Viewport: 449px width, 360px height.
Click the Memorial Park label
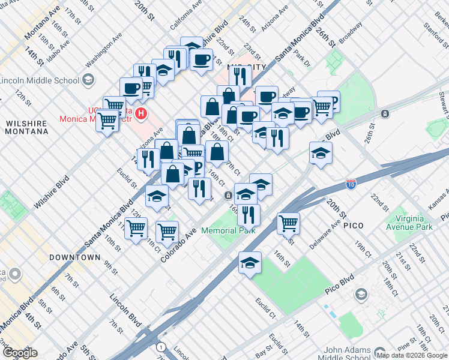(228, 230)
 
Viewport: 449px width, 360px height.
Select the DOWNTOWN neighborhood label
(75, 257)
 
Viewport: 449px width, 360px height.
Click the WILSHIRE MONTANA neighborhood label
(26, 127)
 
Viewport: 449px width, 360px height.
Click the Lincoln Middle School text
(40, 80)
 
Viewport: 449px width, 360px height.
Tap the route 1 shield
(160, 347)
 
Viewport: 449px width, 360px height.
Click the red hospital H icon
(141, 112)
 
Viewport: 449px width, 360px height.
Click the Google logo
(20, 352)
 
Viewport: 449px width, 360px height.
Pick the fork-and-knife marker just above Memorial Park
(249, 214)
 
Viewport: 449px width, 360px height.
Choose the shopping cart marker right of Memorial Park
(289, 223)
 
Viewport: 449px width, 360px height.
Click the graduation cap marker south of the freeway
(250, 263)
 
